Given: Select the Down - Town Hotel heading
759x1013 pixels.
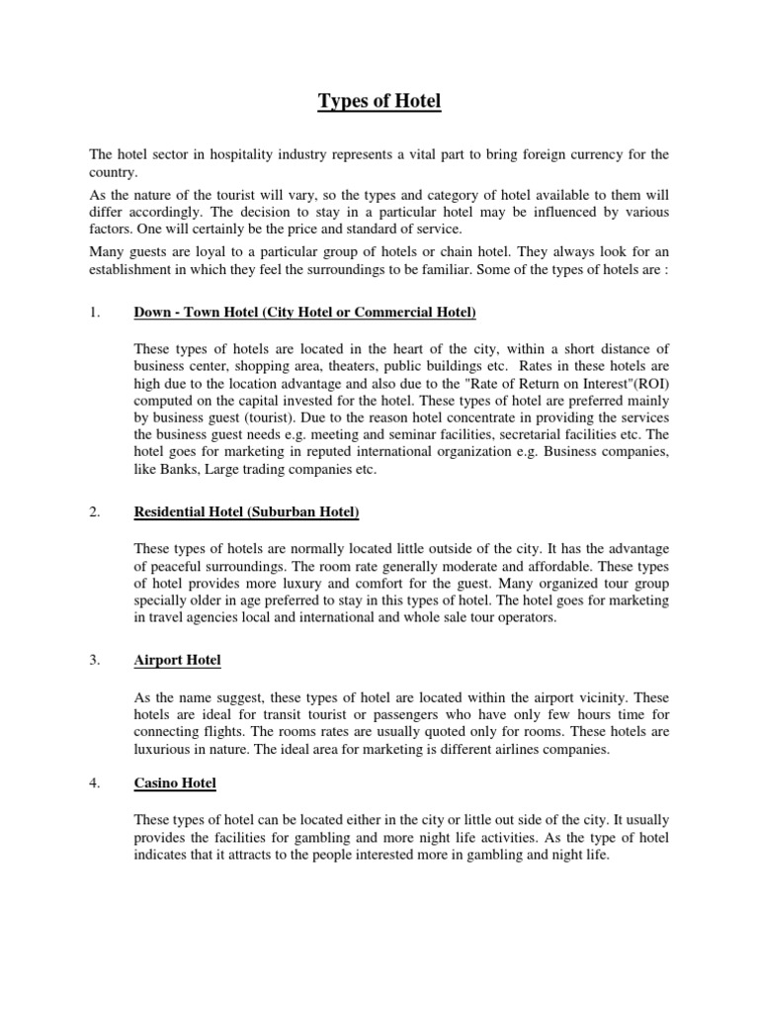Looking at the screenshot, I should (x=304, y=314).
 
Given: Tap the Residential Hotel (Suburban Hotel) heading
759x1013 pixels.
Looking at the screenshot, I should (x=246, y=511).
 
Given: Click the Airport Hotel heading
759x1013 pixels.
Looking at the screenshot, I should (x=177, y=660).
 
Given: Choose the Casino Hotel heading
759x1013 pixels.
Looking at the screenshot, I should (x=175, y=783).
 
